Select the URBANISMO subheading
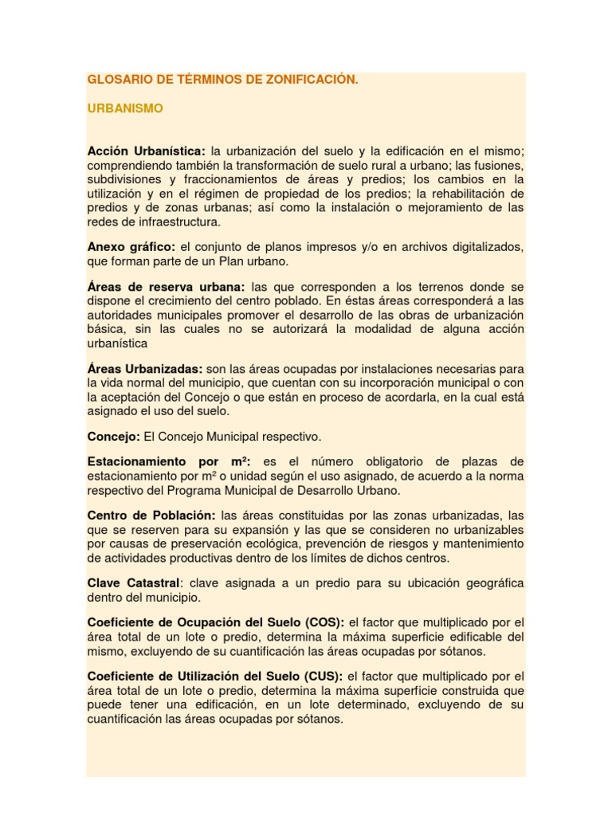[x=125, y=108]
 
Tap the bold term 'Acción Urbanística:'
[x=147, y=151]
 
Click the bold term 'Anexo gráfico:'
[x=131, y=248]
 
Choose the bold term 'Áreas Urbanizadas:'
[x=145, y=369]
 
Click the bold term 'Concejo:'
[x=114, y=437]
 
